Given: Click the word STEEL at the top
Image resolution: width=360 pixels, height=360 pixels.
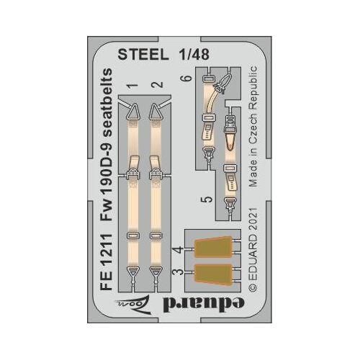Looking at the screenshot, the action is pyautogui.click(x=143, y=55).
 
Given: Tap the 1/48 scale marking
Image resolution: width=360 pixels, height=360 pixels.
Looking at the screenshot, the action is pyautogui.click(x=194, y=55).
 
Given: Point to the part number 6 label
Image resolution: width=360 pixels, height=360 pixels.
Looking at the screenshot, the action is pyautogui.click(x=188, y=78).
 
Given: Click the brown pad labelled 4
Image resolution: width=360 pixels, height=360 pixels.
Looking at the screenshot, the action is pyautogui.click(x=213, y=246).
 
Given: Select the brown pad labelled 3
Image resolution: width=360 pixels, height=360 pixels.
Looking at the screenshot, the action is pyautogui.click(x=213, y=274).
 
